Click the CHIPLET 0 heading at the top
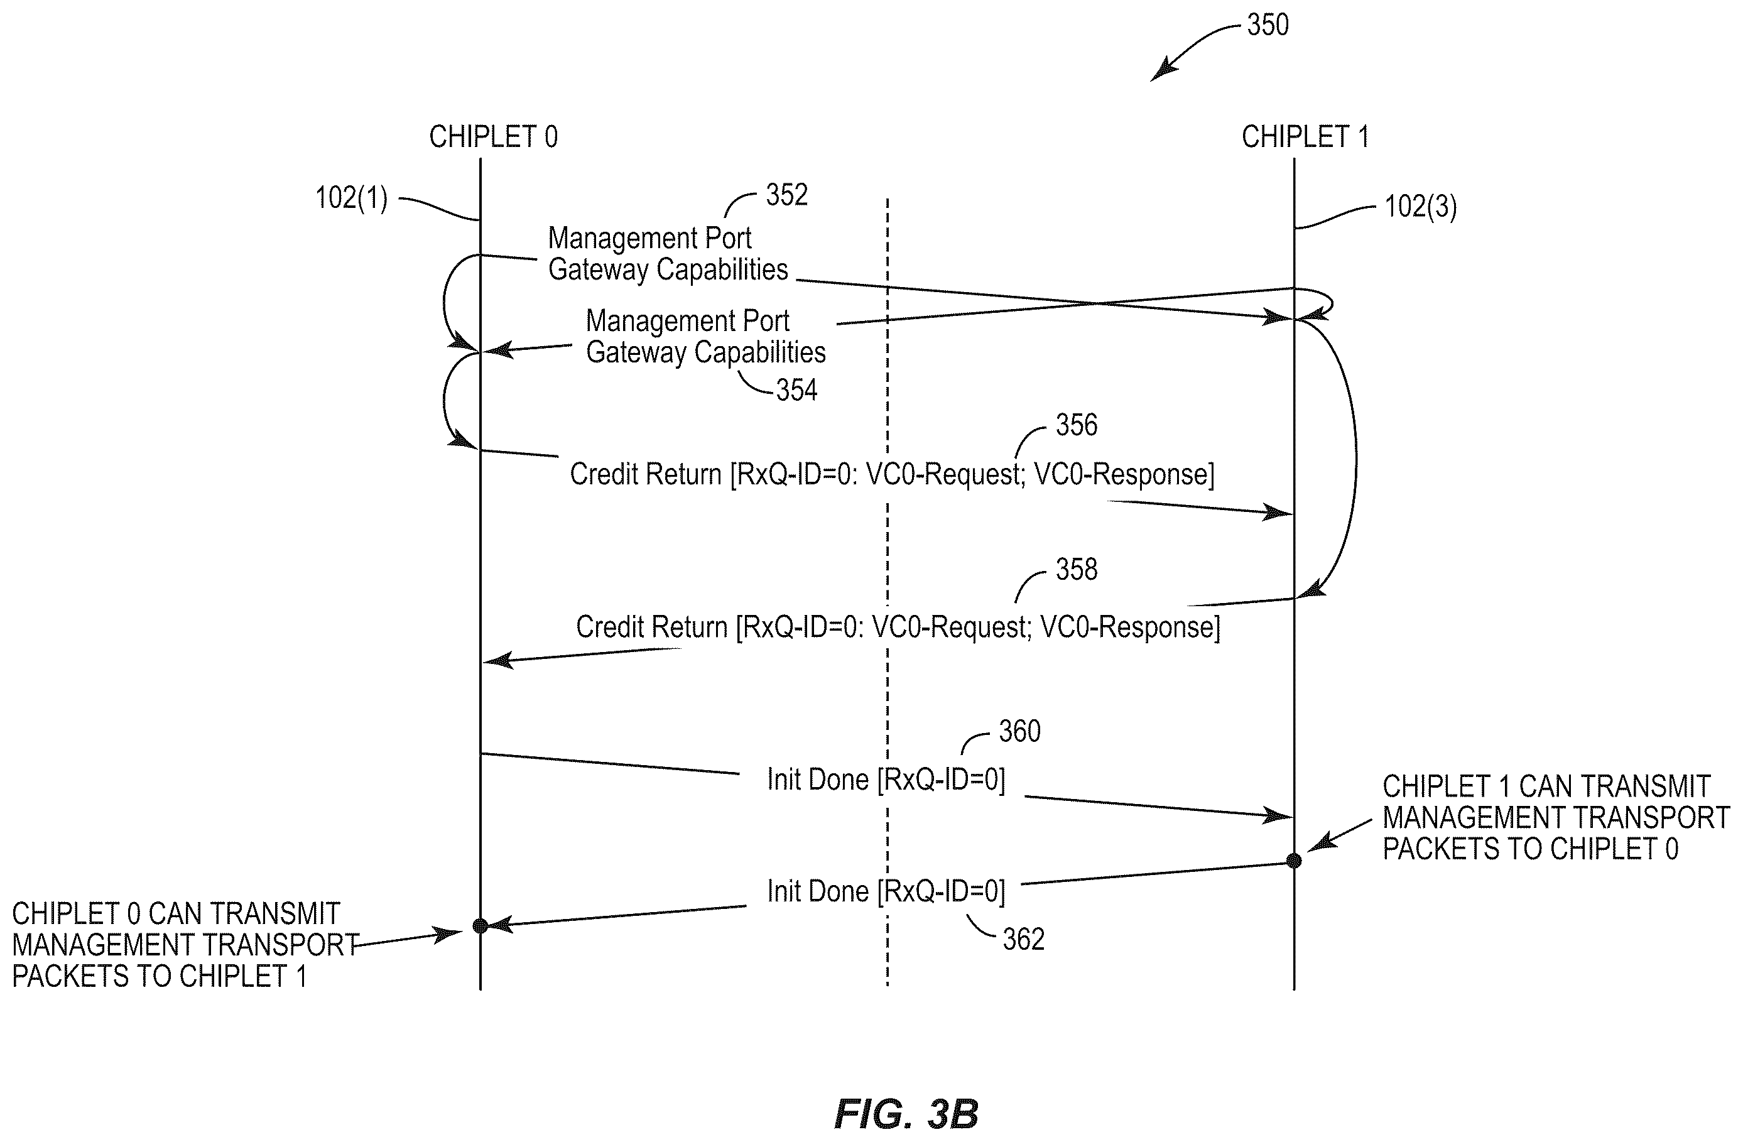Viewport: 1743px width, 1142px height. [x=493, y=137]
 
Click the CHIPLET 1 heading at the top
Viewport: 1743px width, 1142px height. [x=1305, y=137]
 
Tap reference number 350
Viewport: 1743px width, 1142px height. [x=1268, y=25]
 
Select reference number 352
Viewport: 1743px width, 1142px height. [x=786, y=195]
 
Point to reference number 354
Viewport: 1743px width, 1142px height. [x=797, y=389]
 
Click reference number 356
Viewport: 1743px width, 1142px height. [x=1076, y=425]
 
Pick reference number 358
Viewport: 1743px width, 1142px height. [x=1076, y=569]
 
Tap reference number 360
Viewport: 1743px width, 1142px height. [x=1019, y=731]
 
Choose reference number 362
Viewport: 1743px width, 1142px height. [x=1023, y=939]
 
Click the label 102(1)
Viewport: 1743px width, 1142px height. [x=352, y=198]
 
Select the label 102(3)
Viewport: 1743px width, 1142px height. [x=1421, y=207]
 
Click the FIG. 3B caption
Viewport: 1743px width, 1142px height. [x=906, y=1114]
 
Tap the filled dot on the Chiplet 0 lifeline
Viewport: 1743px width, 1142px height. [x=481, y=926]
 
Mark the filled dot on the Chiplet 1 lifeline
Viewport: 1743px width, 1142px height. [x=1294, y=861]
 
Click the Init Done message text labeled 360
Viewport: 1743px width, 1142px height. [x=886, y=780]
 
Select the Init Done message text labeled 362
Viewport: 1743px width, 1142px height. [x=886, y=891]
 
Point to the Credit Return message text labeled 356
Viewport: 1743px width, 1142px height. [x=892, y=474]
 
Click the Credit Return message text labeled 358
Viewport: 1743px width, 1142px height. [x=898, y=627]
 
